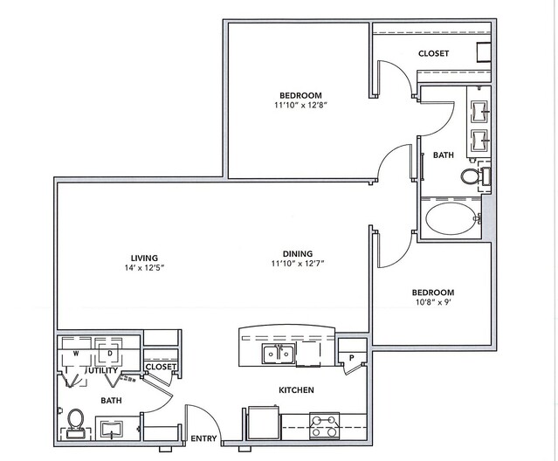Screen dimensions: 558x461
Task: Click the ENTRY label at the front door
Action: pos(203,438)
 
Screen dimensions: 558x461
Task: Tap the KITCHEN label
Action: pos(296,390)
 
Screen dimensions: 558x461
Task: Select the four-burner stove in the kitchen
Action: pos(324,426)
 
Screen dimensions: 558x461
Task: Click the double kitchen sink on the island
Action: pos(279,354)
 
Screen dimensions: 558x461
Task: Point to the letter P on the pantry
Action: pos(352,358)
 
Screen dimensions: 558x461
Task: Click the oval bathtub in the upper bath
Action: pos(451,219)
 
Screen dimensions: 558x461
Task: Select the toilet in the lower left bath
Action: pos(75,423)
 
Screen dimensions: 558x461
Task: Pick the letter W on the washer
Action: pos(76,354)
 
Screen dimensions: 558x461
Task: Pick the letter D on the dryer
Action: pos(110,354)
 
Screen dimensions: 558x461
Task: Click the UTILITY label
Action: pos(102,370)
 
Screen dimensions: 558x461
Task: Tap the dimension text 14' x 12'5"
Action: pos(144,267)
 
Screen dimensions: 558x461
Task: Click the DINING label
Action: pos(298,253)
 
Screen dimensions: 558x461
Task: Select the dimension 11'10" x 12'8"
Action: pos(300,105)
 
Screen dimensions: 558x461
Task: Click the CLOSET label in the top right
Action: pos(433,53)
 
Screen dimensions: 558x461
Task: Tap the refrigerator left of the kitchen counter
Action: pos(263,423)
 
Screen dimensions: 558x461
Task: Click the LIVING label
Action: pos(144,258)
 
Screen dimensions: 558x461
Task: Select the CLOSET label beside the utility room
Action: pos(161,367)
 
